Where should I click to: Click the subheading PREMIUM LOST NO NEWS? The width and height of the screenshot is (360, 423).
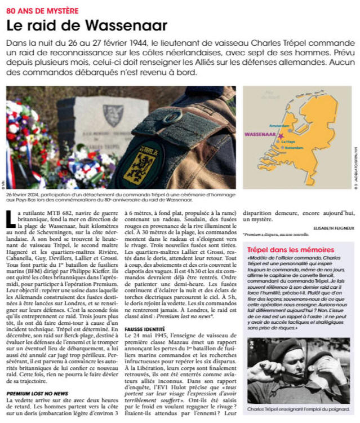[37, 377]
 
